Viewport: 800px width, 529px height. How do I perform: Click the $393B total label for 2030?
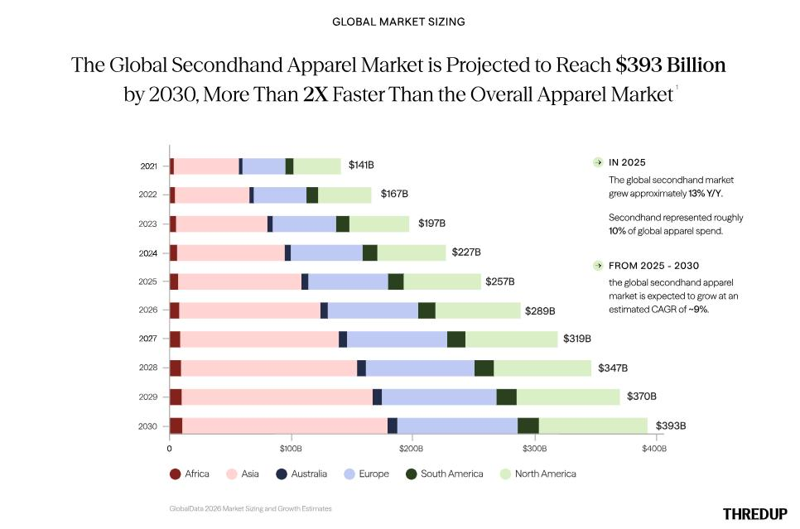pyautogui.click(x=671, y=426)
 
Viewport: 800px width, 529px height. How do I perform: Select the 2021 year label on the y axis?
pyautogui.click(x=148, y=166)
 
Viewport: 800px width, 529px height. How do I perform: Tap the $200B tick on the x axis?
pyautogui.click(x=412, y=449)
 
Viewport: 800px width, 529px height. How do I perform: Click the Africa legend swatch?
pyautogui.click(x=175, y=474)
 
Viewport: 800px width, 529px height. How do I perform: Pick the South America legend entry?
pyautogui.click(x=445, y=474)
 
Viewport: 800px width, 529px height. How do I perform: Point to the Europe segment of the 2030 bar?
pyautogui.click(x=457, y=426)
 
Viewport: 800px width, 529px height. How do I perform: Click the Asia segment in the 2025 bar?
pyautogui.click(x=239, y=281)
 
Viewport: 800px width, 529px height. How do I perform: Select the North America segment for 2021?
pyautogui.click(x=317, y=166)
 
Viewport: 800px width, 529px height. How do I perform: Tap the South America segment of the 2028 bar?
pyautogui.click(x=484, y=368)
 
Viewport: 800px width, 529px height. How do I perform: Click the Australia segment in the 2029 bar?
pyautogui.click(x=377, y=397)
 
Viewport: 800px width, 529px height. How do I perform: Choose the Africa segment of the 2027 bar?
pyautogui.click(x=175, y=339)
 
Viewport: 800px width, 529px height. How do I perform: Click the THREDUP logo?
pyautogui.click(x=754, y=514)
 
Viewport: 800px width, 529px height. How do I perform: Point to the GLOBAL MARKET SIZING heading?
pyautogui.click(x=398, y=22)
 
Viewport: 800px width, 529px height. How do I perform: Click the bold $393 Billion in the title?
pyautogui.click(x=671, y=65)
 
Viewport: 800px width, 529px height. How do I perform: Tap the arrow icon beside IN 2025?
pyautogui.click(x=598, y=162)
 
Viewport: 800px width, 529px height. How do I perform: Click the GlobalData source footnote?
pyautogui.click(x=250, y=508)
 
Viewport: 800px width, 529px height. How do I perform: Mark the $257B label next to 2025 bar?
pyautogui.click(x=500, y=281)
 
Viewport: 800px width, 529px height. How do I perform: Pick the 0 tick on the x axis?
pyautogui.click(x=170, y=449)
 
